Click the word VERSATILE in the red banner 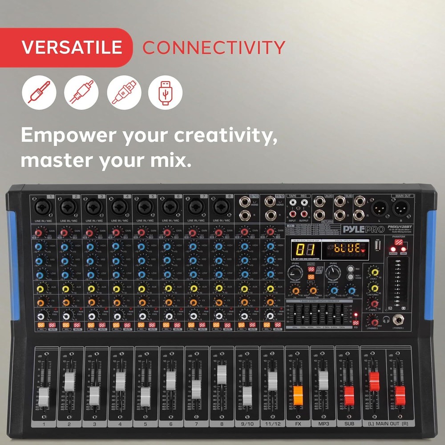click(x=72, y=47)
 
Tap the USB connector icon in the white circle click(x=165, y=93)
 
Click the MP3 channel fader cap click(x=324, y=380)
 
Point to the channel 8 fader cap click(x=222, y=375)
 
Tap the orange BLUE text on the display click(x=348, y=248)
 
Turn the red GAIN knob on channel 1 click(x=39, y=233)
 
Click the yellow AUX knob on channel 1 click(x=41, y=288)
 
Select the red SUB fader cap click(x=349, y=393)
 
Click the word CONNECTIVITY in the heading click(x=214, y=47)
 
